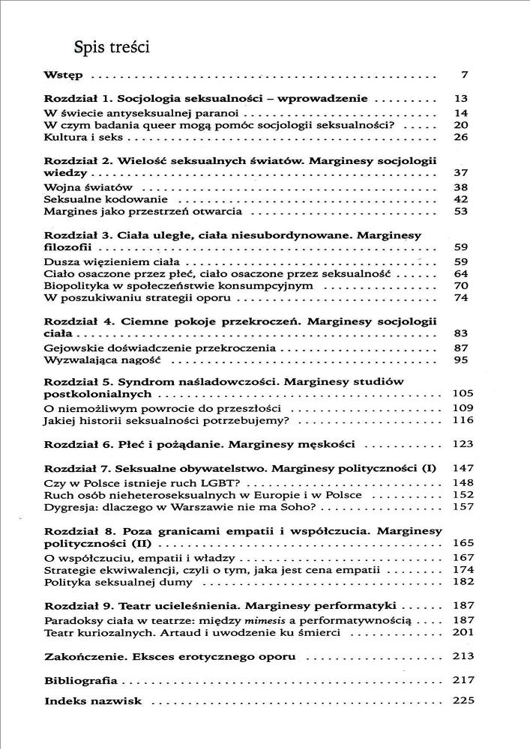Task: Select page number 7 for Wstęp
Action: click(464, 76)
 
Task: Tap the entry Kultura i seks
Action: click(78, 137)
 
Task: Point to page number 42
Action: click(460, 199)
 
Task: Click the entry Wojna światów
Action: click(78, 187)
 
